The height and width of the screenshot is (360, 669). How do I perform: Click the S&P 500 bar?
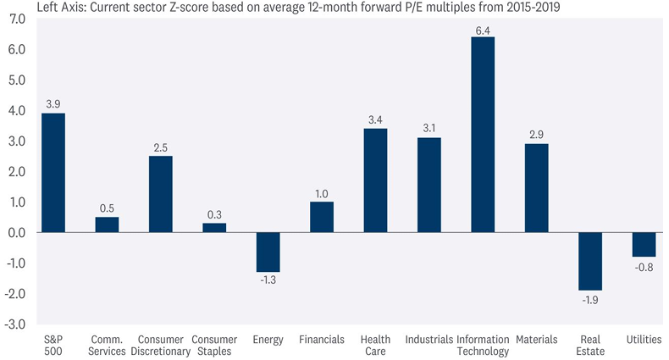tap(53, 173)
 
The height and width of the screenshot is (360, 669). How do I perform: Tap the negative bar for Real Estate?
tap(590, 261)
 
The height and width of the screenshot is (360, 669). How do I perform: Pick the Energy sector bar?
tap(268, 252)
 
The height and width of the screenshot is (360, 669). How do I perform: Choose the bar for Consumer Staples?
tap(214, 228)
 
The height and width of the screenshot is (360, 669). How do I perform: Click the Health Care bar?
tap(375, 180)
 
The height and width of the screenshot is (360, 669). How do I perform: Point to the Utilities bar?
tap(644, 244)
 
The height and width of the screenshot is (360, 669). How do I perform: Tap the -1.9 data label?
tap(590, 299)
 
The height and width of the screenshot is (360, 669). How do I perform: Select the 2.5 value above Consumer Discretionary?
tap(161, 147)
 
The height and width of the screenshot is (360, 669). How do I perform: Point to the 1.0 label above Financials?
tap(322, 193)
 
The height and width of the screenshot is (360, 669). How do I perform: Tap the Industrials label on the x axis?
tap(429, 340)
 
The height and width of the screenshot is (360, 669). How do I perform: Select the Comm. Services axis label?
tap(108, 346)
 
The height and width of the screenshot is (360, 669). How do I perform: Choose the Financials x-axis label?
tap(322, 340)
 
